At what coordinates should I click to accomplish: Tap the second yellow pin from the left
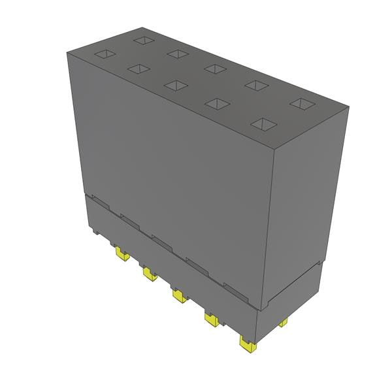pos(148,273)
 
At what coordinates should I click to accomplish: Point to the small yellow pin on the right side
pos(283,323)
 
